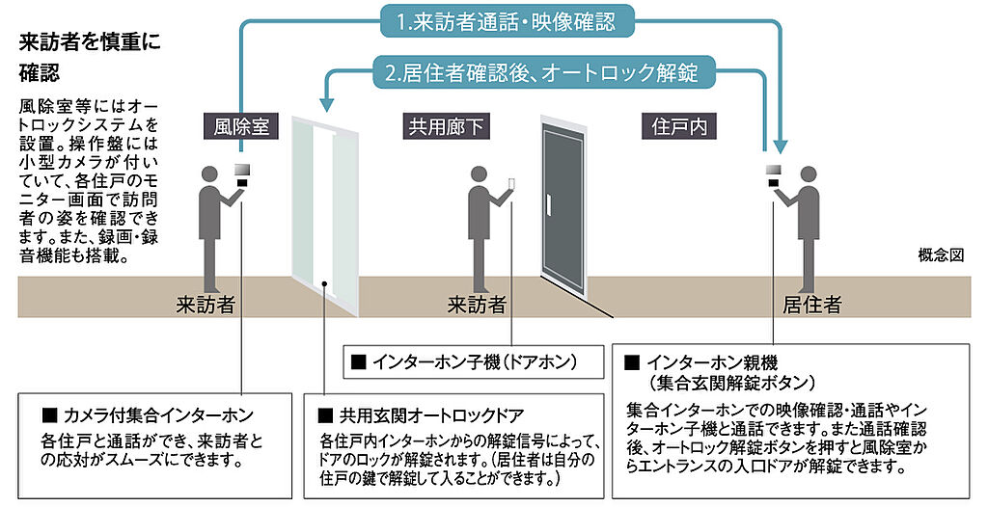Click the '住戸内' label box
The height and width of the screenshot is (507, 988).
pos(673,125)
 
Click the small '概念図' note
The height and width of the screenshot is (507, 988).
pos(943,257)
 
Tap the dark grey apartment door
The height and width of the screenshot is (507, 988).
pos(563,204)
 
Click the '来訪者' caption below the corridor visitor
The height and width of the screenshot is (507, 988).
pos(477,306)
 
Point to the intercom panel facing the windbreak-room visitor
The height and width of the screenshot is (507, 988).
pos(242,174)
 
